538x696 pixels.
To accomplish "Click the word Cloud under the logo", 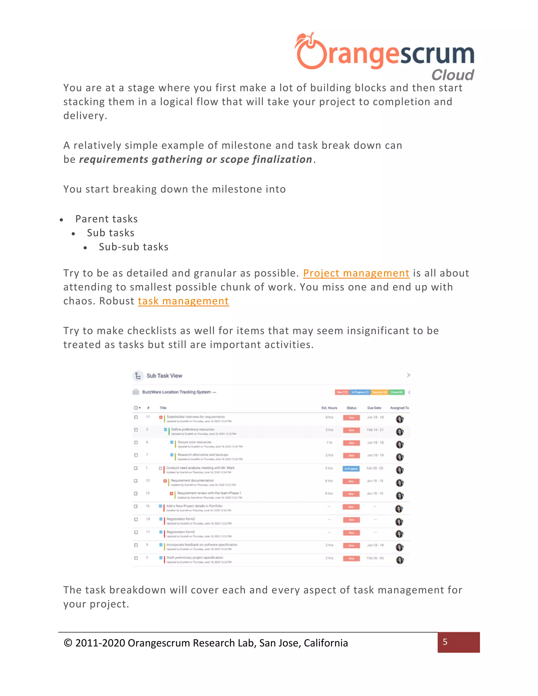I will [453, 75].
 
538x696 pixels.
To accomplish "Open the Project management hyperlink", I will [356, 273].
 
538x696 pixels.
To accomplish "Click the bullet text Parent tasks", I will [106, 219].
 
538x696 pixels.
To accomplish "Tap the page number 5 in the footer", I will [445, 642].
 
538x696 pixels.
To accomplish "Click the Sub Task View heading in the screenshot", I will [164, 376].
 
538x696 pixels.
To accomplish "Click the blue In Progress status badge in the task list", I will [351, 469].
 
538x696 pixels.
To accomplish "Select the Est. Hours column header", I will [329, 408].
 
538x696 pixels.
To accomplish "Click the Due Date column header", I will [374, 408].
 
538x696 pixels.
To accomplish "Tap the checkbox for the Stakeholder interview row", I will [136, 417].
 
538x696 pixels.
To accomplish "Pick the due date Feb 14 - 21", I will [375, 430].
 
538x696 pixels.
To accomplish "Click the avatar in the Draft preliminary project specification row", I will [400, 560].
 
